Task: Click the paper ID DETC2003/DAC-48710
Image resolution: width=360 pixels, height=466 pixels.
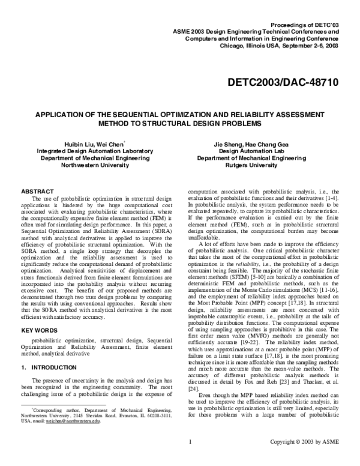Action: pyautogui.click(x=282, y=80)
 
